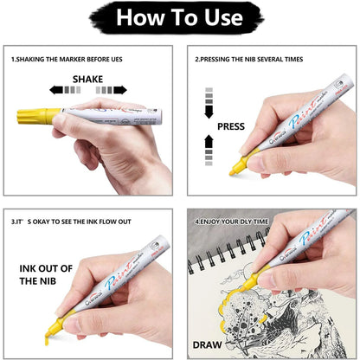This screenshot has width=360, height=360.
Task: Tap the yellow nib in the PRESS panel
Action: click(235, 170)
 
